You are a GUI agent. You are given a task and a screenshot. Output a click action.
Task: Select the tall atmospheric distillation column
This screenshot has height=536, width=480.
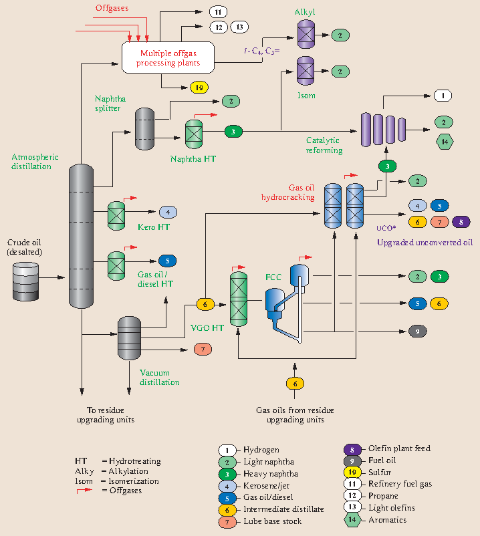(82, 237)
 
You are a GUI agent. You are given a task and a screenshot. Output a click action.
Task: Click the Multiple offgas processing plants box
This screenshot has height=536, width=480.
(168, 57)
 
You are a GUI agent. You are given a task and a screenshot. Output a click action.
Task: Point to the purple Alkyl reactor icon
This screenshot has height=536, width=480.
(306, 33)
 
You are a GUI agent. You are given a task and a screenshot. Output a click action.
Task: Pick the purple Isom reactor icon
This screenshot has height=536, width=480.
(306, 70)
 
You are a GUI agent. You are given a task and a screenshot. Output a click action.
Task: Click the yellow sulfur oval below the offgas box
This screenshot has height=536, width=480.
(199, 88)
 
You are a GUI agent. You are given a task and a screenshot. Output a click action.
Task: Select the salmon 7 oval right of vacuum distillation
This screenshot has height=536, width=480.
(203, 349)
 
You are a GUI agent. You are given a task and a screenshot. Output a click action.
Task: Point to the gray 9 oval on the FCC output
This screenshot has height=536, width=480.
(417, 331)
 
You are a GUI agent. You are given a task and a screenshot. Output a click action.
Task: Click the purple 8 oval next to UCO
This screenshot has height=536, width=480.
(461, 222)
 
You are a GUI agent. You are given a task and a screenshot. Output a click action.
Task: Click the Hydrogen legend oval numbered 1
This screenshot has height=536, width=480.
(228, 450)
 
